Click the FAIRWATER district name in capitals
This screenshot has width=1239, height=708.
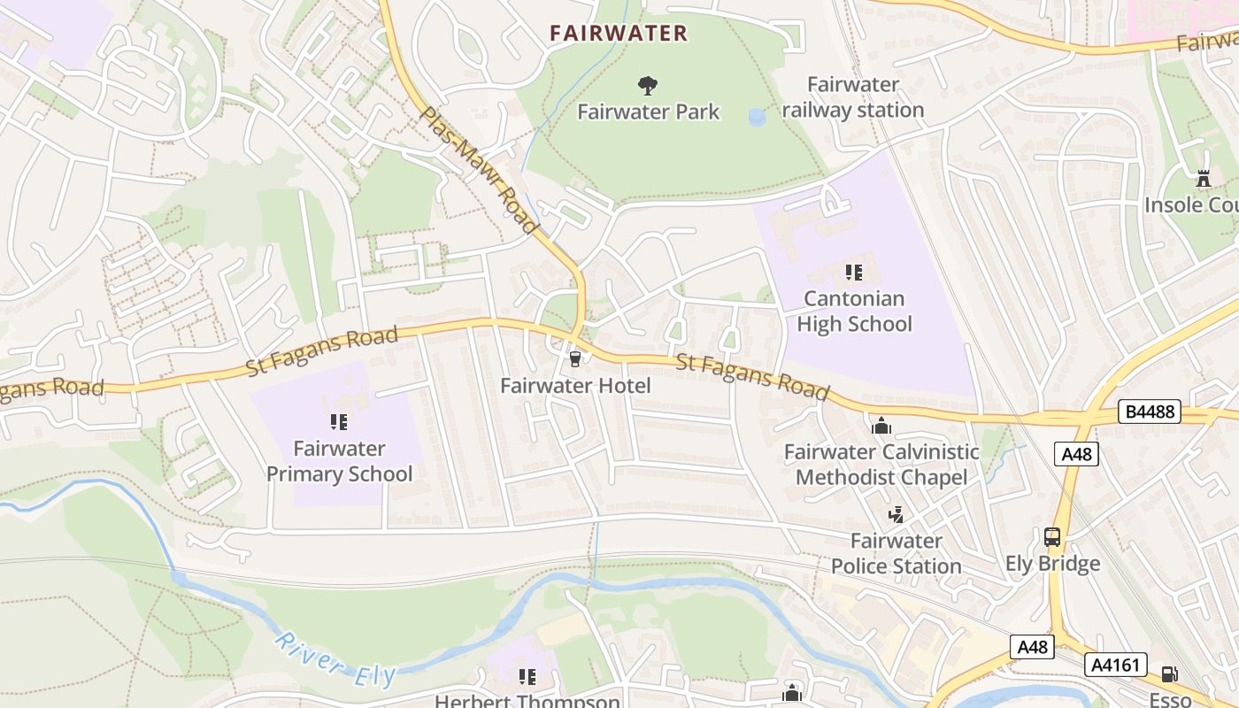[x=618, y=34]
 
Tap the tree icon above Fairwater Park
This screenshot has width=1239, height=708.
[x=648, y=86]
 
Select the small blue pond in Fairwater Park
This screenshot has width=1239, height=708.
[x=758, y=117]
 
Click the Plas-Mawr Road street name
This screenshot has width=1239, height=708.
[x=480, y=170]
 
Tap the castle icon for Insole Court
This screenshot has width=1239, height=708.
[x=1203, y=179]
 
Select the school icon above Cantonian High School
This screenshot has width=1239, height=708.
[x=854, y=272]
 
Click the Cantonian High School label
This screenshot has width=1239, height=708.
[x=854, y=312]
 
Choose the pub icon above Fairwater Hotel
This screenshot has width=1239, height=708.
[x=575, y=358]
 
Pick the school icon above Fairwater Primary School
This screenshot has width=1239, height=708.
[x=339, y=421]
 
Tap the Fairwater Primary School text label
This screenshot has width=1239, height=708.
[x=339, y=461]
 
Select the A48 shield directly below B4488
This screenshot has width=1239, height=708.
[x=1077, y=454]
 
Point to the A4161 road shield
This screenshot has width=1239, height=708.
[x=1116, y=665]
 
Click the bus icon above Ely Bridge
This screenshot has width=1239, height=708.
[x=1052, y=536]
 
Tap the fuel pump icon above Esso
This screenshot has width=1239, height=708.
[x=1169, y=674]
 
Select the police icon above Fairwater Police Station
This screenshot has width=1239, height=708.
[x=897, y=514]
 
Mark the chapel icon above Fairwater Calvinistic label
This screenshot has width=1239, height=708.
[x=881, y=427]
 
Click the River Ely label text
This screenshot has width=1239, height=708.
[x=334, y=659]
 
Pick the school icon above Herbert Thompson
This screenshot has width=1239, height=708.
[x=527, y=677]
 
